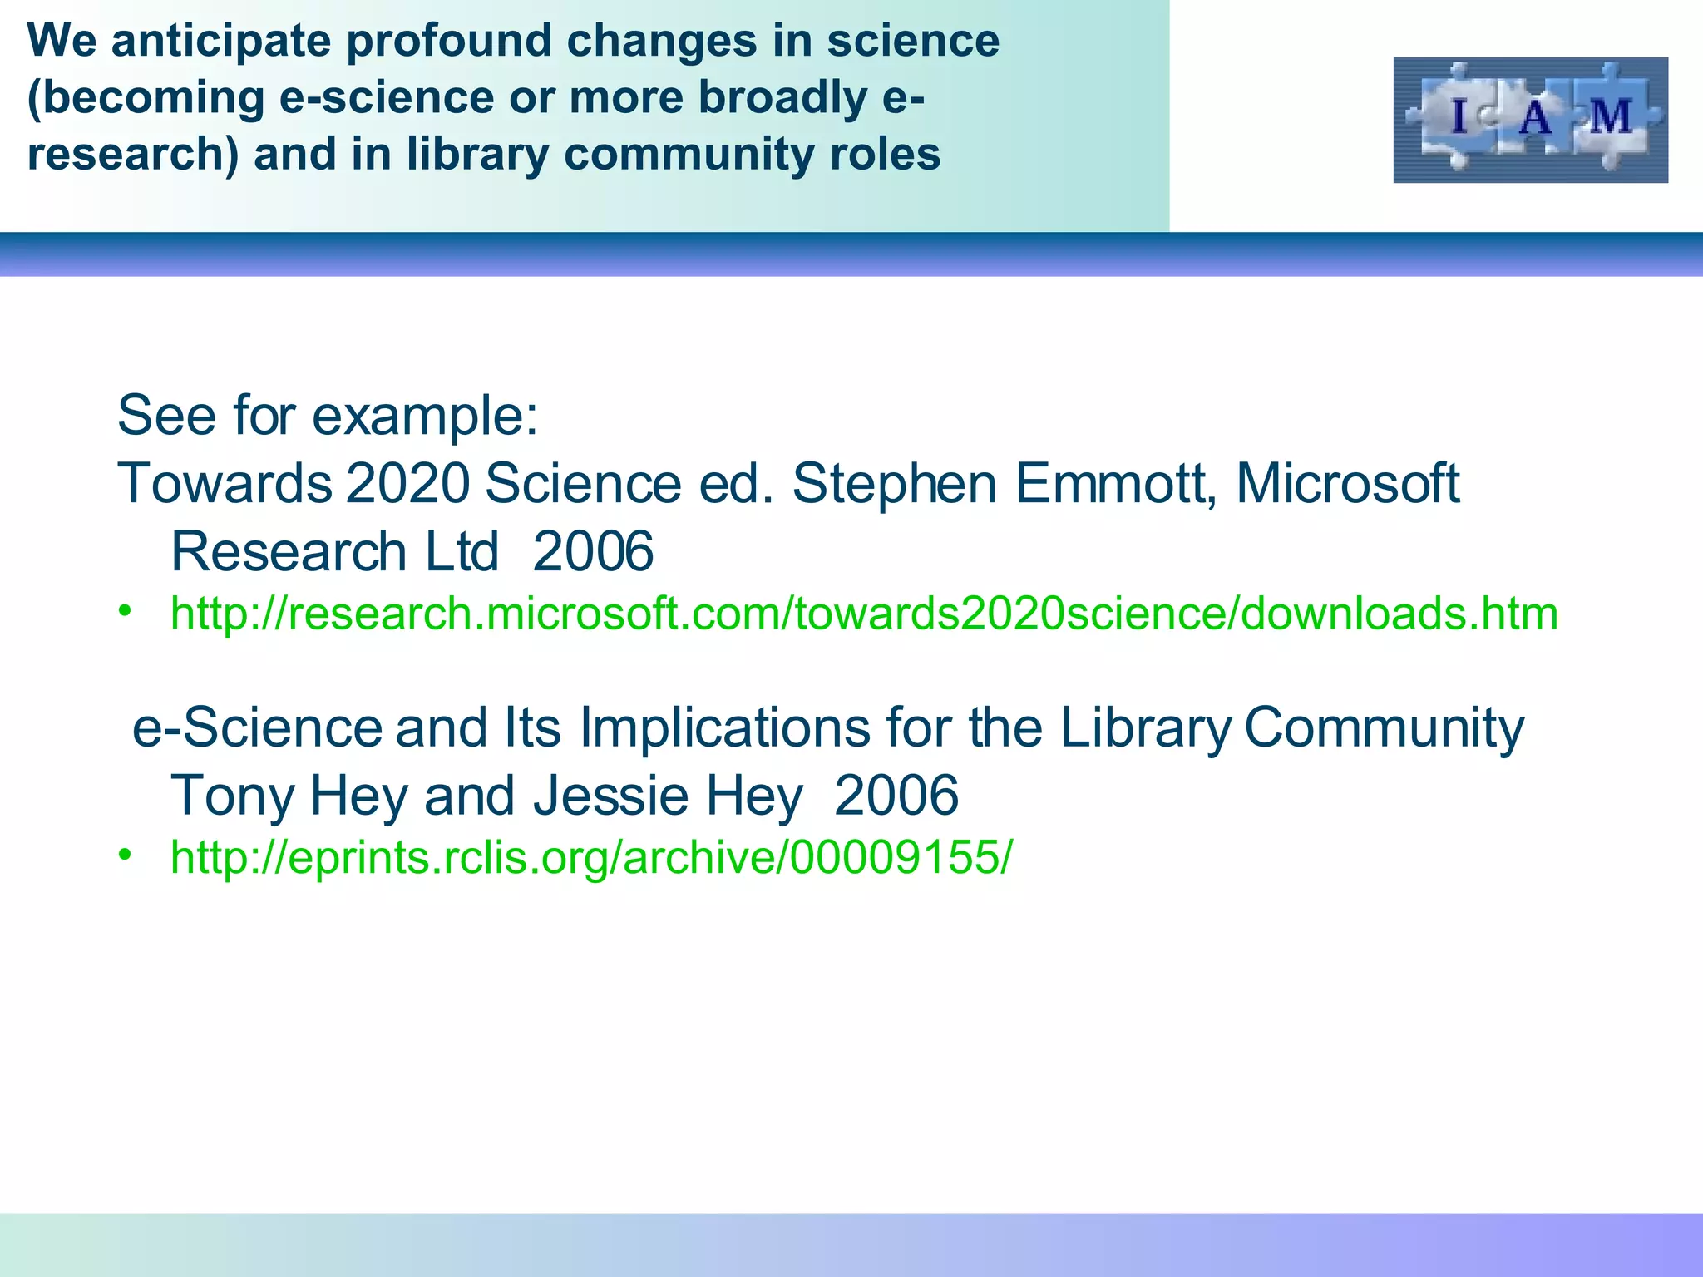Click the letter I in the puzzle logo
(1459, 116)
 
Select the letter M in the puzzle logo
(1611, 117)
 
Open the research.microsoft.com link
(864, 614)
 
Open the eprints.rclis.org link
(591, 857)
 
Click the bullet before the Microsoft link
(126, 612)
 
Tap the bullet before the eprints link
(126, 855)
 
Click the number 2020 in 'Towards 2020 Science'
(407, 483)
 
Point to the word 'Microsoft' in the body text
(1347, 483)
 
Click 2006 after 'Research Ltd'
(593, 551)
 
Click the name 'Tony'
(232, 796)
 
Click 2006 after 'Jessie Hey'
(896, 796)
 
